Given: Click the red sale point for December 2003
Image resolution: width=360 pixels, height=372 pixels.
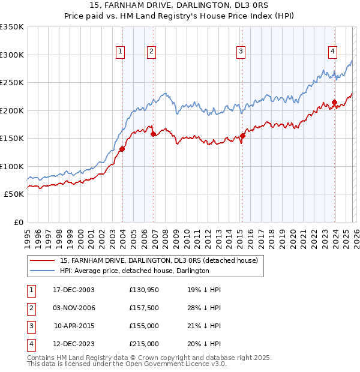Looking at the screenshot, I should [x=122, y=149].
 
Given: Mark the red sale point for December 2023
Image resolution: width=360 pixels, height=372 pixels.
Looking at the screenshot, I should [x=334, y=102].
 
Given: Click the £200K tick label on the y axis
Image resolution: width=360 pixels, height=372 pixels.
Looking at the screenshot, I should [x=12, y=110].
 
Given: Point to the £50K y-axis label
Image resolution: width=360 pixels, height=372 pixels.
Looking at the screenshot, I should [x=14, y=194].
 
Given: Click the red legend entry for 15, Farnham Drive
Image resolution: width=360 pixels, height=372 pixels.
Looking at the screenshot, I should [x=159, y=260].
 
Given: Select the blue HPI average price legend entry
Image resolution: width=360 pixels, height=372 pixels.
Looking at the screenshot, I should [x=134, y=271].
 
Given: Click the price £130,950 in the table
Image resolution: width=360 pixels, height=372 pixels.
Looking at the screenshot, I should [x=143, y=290].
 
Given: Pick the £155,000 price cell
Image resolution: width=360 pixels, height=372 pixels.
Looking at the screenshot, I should [x=143, y=326].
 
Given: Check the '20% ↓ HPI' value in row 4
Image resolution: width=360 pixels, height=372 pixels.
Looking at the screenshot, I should [x=204, y=344].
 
